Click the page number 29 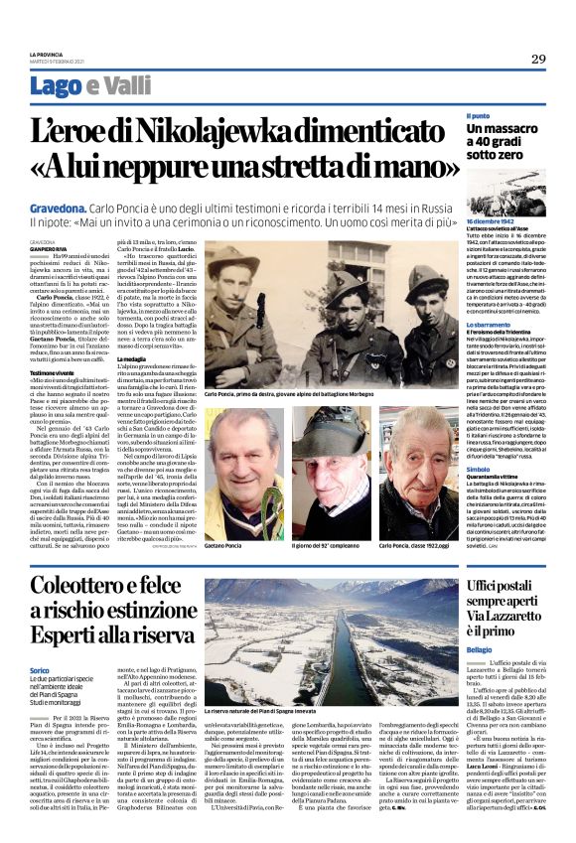539,60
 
